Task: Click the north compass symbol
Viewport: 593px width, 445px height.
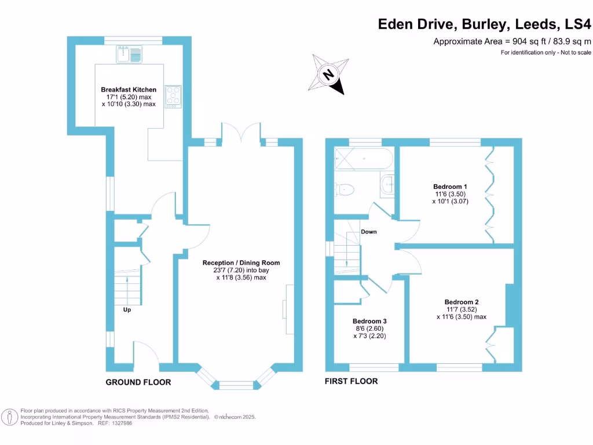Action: coord(329,74)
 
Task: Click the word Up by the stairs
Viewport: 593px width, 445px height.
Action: coord(127,309)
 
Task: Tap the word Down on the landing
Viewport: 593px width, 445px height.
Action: coord(369,232)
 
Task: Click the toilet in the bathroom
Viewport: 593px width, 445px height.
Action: coord(345,188)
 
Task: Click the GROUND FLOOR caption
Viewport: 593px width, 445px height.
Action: coord(138,382)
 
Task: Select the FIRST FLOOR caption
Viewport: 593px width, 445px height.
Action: coord(352,381)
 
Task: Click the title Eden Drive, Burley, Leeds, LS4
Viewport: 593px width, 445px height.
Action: coord(484,24)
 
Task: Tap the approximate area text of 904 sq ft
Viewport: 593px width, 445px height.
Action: coord(512,41)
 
